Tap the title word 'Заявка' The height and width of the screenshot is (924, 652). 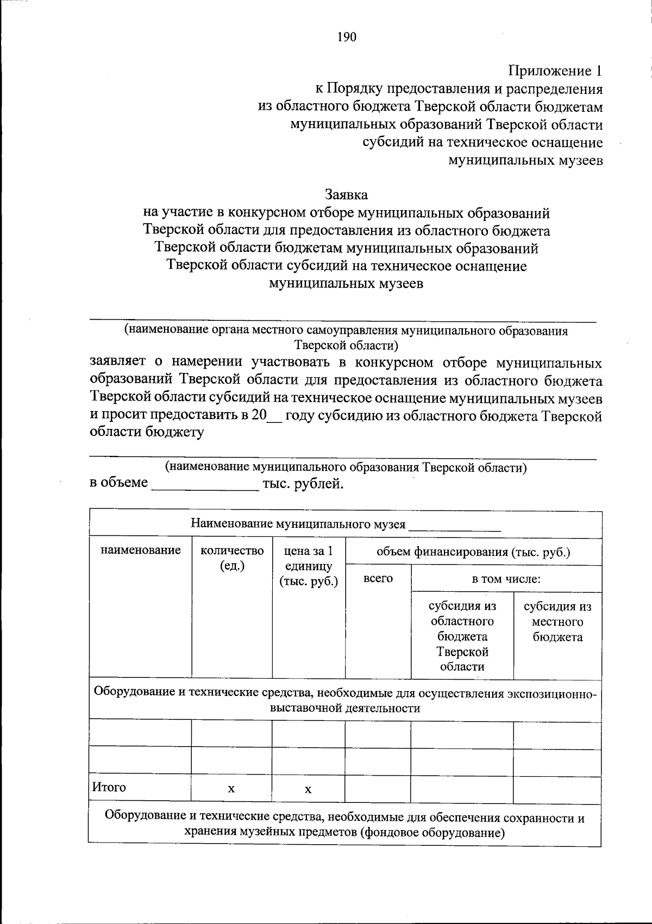coord(346,194)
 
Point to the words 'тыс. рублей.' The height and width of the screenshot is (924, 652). coord(303,483)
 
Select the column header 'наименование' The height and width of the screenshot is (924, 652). coord(140,550)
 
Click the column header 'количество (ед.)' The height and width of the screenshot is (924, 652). coord(232,558)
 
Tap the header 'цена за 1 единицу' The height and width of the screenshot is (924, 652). coord(308,566)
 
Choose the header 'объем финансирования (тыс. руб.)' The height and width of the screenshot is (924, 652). coord(473,553)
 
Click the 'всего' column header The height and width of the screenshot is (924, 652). coord(378,579)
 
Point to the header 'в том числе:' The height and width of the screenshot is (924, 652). coord(506,579)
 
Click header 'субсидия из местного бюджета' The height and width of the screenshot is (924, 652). coord(557,622)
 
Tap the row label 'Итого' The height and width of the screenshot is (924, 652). coord(109,787)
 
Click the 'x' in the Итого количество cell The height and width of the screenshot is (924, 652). coord(231,789)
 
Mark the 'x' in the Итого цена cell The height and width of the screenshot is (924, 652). coord(308,789)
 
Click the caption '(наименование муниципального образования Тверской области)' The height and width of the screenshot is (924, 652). coord(346,467)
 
